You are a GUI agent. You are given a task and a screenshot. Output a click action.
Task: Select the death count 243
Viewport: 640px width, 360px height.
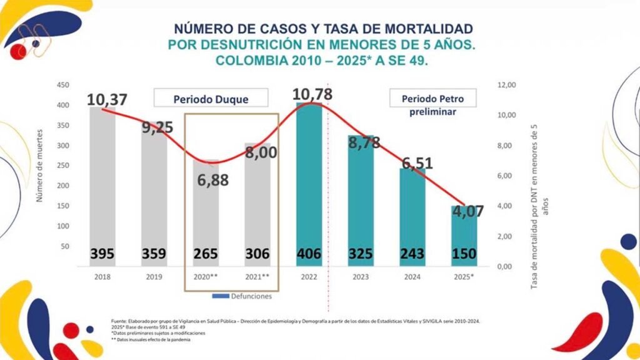pos(412,254)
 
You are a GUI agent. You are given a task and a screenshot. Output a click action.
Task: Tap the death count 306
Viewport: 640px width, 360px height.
pos(257,254)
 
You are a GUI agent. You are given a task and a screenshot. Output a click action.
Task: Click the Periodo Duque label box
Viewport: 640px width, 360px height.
pos(211,98)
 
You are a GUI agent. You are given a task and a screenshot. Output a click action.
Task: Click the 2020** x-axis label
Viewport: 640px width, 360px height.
pos(206,276)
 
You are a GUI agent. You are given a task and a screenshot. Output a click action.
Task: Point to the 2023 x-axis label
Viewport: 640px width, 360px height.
pos(360,276)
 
